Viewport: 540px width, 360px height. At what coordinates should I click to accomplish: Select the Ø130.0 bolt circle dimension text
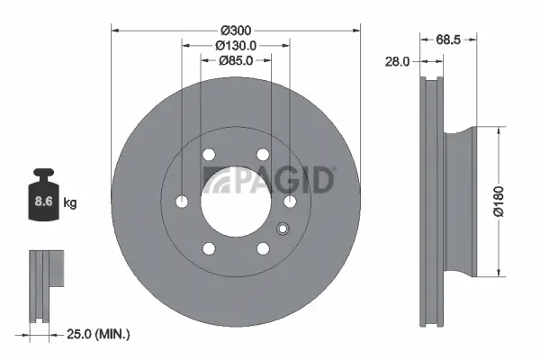pos(236,44)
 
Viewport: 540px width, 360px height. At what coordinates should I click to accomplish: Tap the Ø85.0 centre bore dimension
pos(236,60)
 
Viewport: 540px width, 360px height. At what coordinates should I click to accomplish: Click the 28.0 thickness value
pos(396,61)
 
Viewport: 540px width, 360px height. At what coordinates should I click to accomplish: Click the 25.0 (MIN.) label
pos(98,335)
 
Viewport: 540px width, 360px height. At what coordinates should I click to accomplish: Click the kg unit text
pos(70,203)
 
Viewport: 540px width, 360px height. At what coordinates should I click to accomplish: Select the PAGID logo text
pos(269,180)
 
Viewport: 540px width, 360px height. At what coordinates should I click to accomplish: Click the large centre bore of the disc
pos(236,201)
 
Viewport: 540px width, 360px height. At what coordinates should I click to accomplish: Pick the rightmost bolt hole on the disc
pos(290,201)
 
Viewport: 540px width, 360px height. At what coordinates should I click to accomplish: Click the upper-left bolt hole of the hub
pos(209,154)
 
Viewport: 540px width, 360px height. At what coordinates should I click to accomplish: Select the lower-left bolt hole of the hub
pos(209,247)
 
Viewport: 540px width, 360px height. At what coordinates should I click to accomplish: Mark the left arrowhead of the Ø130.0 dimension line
pos(184,44)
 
